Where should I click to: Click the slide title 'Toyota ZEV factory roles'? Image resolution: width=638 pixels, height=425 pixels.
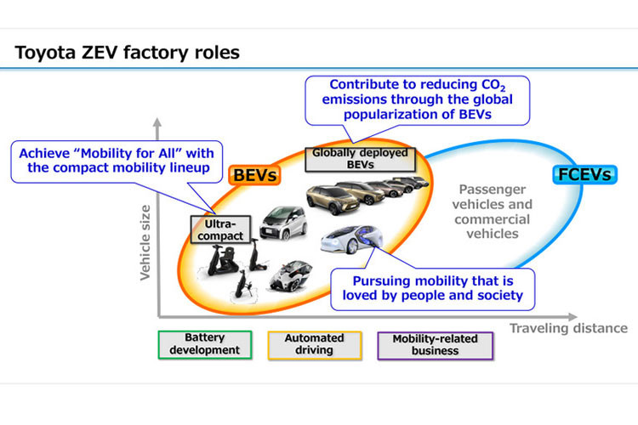(127, 53)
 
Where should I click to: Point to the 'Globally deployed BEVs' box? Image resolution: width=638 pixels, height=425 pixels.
(360, 159)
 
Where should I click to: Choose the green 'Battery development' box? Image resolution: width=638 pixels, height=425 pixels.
(205, 344)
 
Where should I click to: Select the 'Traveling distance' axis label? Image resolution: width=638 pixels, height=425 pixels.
(568, 328)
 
